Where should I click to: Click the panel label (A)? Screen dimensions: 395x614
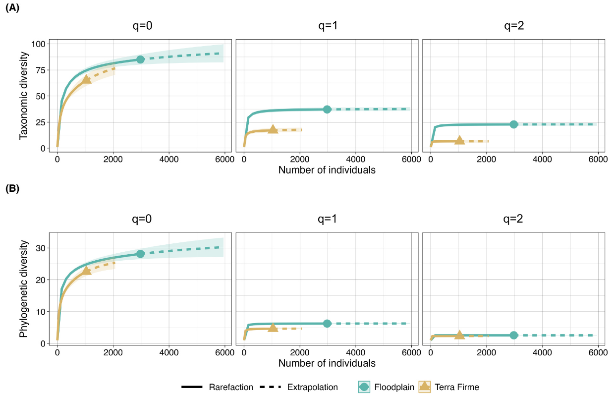pos(12,8)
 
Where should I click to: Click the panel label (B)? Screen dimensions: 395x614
pos(12,188)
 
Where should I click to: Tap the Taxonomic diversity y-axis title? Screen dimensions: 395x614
pos(24,95)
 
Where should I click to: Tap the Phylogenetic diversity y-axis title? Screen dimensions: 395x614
pos(24,289)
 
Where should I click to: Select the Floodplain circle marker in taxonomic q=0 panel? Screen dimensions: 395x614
pos(140,59)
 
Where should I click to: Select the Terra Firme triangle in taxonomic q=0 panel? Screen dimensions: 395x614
pos(86,79)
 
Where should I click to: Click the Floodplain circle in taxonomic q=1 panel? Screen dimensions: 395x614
pos(327,109)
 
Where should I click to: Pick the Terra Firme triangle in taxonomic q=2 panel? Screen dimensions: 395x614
pos(459,141)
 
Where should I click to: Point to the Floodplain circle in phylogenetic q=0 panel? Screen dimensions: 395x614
pos(140,254)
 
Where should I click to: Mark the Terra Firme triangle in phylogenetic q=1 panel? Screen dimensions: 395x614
pos(273,328)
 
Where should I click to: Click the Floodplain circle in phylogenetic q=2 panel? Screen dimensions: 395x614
pos(513,335)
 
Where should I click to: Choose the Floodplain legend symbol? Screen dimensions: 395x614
pos(364,387)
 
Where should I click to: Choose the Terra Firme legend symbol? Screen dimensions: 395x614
pos(425,387)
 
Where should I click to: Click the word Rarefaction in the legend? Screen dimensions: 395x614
pos(230,387)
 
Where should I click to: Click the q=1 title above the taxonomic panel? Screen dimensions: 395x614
pos(328,26)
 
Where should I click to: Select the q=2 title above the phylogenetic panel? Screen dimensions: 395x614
pos(514,219)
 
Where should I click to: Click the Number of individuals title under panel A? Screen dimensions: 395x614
pos(327,170)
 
